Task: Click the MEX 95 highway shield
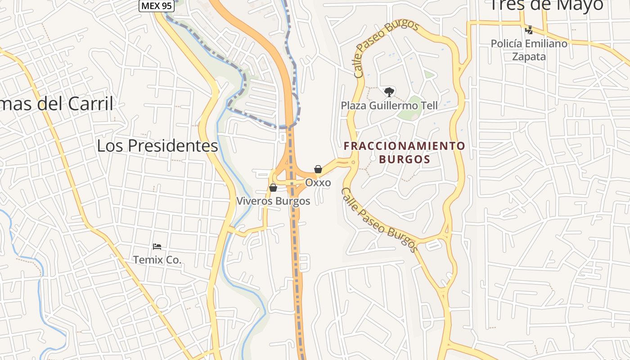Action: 156,6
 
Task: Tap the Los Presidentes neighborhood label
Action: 157,146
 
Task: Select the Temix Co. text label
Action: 157,260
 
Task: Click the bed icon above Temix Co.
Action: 157,247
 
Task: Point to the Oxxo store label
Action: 318,183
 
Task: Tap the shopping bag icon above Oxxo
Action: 318,169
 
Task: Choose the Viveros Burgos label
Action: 274,201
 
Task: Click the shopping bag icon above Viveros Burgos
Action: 273,188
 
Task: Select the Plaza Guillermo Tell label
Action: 389,106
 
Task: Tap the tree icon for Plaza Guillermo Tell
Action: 389,92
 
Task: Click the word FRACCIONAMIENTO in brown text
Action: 404,146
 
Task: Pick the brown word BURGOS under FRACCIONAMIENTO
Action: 404,159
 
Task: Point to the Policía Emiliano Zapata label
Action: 529,50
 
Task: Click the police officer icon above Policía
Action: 529,30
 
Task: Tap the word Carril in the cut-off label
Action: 90,104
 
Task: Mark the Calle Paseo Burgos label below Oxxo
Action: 379,220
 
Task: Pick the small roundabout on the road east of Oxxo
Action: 353,162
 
